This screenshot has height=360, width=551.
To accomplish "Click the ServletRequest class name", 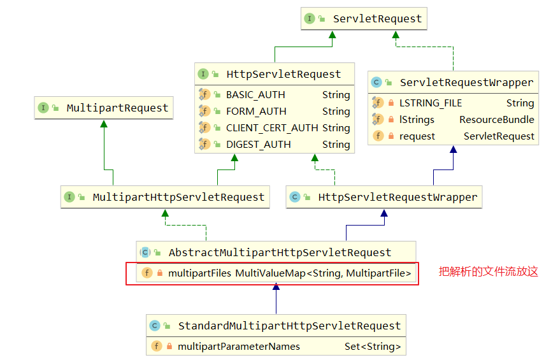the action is point(377,18).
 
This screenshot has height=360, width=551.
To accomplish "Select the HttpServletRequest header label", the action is point(283,74).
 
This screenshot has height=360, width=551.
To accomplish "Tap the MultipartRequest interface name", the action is point(117,108).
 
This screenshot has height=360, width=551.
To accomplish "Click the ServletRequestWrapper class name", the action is point(467,83).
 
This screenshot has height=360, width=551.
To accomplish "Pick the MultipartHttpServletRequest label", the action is point(178,198).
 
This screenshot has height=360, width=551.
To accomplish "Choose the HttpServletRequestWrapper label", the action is point(397,198).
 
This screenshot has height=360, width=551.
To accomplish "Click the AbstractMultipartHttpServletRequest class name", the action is point(280,252).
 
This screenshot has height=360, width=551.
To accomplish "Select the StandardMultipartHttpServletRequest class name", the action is point(290,326).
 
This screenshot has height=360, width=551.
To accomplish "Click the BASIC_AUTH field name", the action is point(255,95).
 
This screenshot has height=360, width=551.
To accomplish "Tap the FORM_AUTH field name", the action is point(256,112).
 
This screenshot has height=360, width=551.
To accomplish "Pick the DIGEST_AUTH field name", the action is point(258,145).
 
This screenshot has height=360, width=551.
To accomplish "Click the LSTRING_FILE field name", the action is point(431,103).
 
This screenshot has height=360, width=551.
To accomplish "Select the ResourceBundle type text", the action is point(497,120).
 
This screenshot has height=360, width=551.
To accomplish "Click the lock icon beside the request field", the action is point(390,136).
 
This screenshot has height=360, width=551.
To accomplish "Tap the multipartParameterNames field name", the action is point(239,347).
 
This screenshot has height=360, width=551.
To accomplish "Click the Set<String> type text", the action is point(373,347).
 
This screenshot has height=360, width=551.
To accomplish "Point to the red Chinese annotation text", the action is point(489,271).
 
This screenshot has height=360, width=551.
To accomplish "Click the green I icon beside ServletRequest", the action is point(309,18).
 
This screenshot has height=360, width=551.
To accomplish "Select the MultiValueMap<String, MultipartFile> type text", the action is point(323,273).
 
